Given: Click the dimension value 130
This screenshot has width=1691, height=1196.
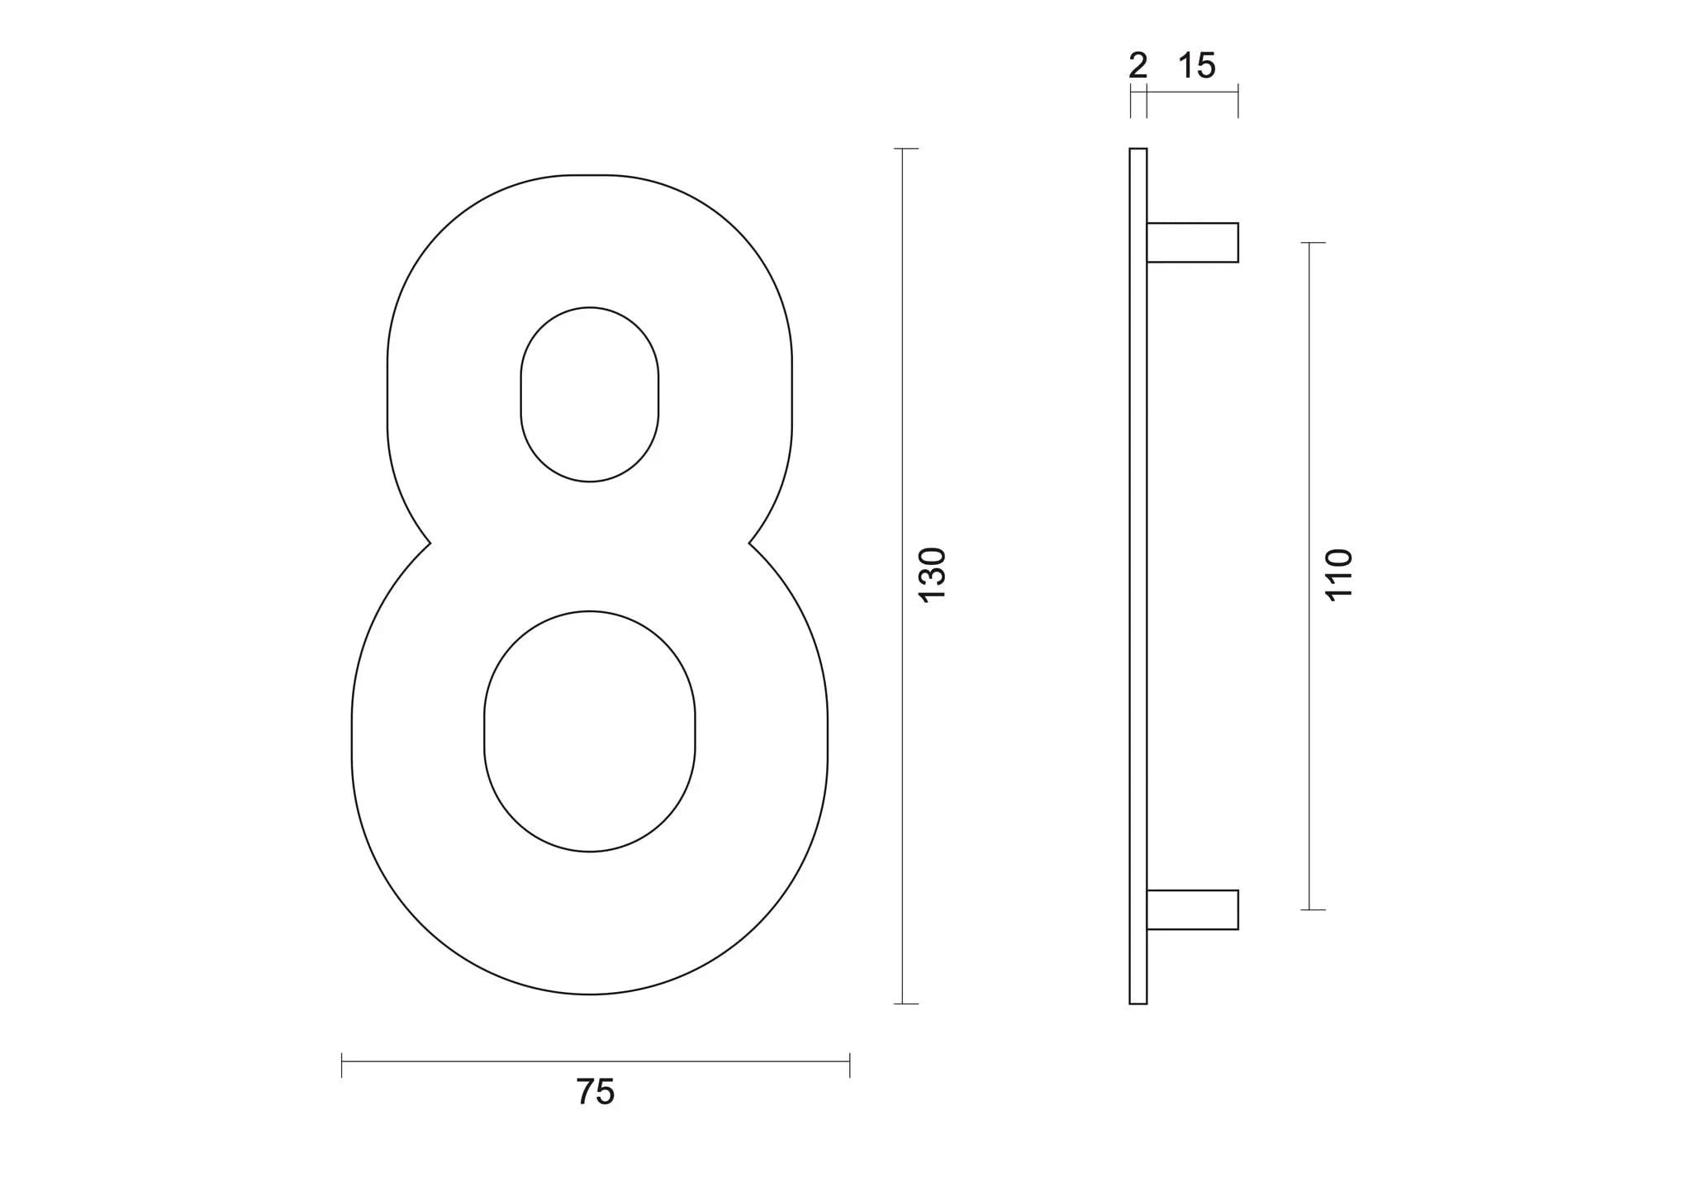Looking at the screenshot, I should pos(932,575).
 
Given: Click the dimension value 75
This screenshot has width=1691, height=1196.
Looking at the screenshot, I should pos(595,1092).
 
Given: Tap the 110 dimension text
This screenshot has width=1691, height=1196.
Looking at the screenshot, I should pos(1338,575).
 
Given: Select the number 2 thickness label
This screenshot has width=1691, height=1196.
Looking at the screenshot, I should pos(1138,66).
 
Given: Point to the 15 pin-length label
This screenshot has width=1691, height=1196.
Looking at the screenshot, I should pos(1196,66).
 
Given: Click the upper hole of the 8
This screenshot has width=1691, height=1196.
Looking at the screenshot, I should pos(589,394).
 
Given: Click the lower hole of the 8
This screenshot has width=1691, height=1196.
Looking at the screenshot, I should pos(589,731).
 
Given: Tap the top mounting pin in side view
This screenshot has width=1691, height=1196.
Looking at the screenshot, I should pos(1192,243).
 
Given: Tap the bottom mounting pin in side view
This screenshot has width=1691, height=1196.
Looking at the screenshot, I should pos(1192,909).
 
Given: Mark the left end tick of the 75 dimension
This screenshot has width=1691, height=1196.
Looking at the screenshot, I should pos(342,1065).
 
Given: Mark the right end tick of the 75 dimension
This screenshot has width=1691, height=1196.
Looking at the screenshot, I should pos(849,1065).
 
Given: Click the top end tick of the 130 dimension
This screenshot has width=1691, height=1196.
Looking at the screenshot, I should pos(905,149).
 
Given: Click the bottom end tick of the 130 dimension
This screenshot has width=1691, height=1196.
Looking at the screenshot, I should pos(905,1004).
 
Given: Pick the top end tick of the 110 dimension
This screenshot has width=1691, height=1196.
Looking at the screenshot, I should pos(1312,243).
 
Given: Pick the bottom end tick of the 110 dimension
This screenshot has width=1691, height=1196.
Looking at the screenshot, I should pos(1312,909).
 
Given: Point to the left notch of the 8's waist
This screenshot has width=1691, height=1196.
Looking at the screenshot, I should pos(430,543).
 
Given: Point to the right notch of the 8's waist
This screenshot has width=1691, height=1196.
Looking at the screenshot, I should pos(749,543).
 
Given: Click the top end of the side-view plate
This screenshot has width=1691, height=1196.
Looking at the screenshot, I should pos(1138,150).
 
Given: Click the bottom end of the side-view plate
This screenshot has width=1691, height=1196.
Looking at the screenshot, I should pos(1138,1002).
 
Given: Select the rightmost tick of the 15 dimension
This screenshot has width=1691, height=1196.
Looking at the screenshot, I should pos(1237,104).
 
